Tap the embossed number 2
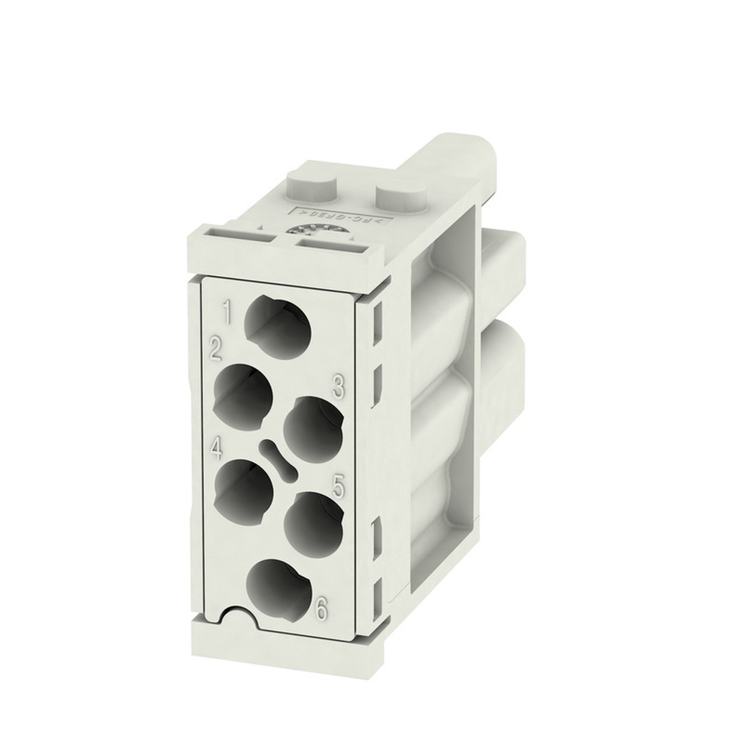[217, 347]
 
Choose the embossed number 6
[321, 609]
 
